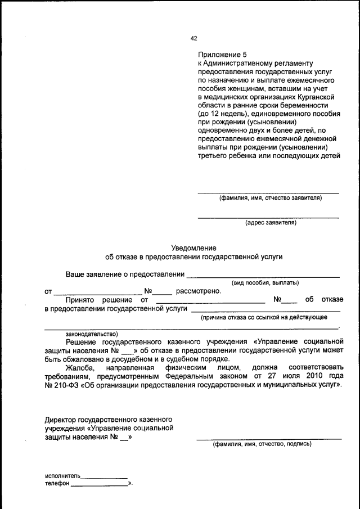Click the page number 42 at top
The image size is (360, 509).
pos(193,38)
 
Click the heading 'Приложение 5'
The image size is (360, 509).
pos(222,55)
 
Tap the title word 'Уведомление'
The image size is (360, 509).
pos(193,247)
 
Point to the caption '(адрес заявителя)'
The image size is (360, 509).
pos(271,223)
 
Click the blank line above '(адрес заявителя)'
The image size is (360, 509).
pos(268,217)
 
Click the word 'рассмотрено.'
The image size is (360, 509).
pos(199,291)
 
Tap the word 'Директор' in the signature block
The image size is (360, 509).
pos(61,420)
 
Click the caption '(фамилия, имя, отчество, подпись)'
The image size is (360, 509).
pos(262,444)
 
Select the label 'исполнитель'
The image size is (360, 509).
pos(63,475)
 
